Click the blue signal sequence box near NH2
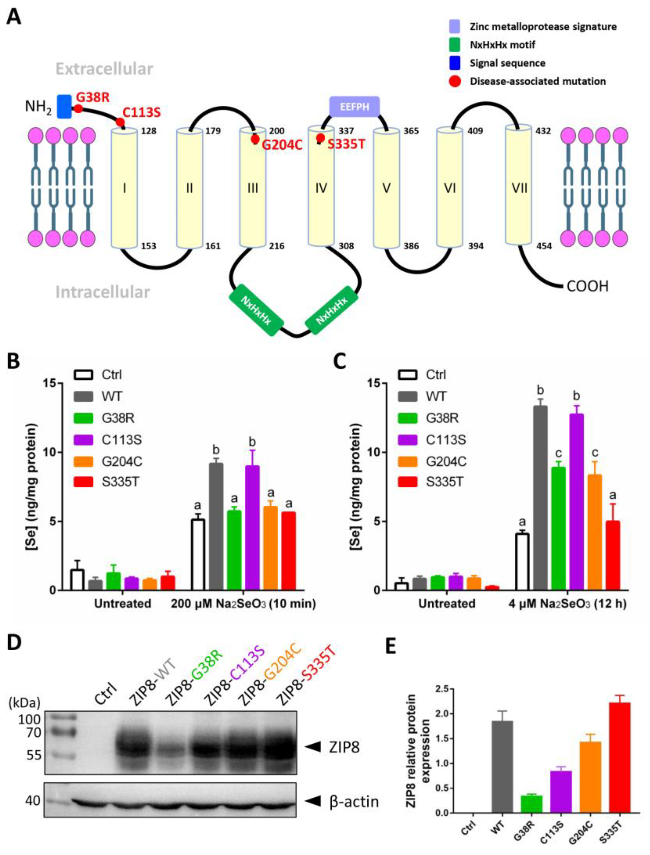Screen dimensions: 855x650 [x=64, y=106]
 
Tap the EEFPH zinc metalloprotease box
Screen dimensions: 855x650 [x=354, y=106]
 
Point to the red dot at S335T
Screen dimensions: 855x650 [x=320, y=138]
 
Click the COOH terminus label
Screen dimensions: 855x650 [x=587, y=286]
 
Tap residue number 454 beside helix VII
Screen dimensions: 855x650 [x=544, y=246]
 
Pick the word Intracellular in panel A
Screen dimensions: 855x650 [x=102, y=292]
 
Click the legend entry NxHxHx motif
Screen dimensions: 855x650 [x=502, y=45]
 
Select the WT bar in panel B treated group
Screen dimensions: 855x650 [x=216, y=527]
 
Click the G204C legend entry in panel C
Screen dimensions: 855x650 [x=446, y=462]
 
